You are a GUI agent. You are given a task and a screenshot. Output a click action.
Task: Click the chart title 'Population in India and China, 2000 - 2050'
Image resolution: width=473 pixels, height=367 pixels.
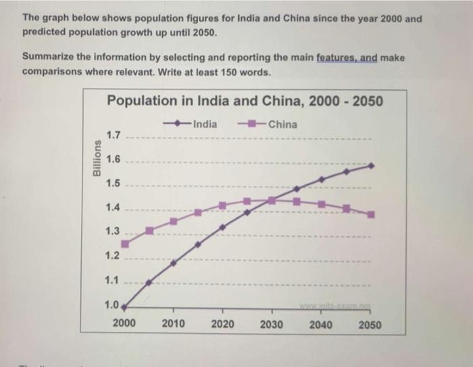245,102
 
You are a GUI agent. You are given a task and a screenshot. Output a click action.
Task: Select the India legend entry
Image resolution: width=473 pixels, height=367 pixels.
192,124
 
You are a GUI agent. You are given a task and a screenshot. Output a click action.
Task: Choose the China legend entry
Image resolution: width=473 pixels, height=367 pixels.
268,124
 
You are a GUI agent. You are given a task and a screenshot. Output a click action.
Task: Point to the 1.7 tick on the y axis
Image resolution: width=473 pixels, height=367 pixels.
112,136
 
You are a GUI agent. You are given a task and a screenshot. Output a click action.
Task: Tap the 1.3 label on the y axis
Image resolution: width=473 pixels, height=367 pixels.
112,232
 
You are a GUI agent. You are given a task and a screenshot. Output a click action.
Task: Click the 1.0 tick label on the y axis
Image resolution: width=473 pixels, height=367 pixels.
112,304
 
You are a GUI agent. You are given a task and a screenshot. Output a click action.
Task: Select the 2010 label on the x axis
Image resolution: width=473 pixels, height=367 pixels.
174,324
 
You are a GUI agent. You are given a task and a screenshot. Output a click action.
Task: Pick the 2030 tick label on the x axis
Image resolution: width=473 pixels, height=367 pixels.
272,324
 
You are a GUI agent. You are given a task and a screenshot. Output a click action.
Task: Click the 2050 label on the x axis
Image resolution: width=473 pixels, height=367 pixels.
370,324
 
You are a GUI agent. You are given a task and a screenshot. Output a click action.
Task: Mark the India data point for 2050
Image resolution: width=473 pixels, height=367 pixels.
371,165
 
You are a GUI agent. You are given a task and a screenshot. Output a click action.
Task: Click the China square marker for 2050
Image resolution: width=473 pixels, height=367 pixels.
371,215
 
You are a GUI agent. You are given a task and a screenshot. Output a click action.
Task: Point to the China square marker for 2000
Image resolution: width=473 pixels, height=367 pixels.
125,244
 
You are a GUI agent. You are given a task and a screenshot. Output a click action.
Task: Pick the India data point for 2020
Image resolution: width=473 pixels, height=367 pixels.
222,228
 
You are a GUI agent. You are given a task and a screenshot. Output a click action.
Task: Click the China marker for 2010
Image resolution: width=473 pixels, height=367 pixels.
174,221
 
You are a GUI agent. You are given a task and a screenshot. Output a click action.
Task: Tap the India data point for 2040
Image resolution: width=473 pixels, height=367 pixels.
322,179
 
